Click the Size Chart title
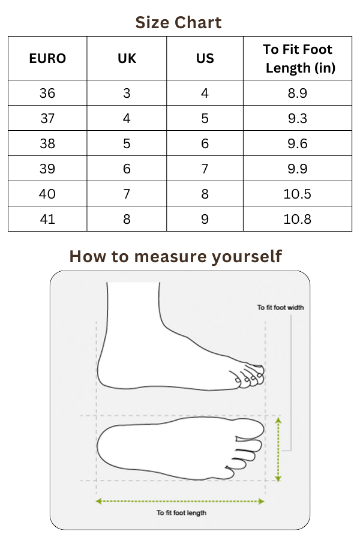178,23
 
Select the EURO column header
47,59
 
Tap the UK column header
127,59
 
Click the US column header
205,59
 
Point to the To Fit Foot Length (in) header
298,59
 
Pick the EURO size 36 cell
47,93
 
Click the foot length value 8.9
298,93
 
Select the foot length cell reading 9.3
298,118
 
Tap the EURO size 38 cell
47,143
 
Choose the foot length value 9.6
298,143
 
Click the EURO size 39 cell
47,169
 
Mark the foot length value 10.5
298,194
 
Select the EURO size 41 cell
47,219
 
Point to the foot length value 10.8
298,219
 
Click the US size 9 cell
205,219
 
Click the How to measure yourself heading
176,257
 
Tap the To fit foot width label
280,308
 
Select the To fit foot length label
182,513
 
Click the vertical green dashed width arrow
278,449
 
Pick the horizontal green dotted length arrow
180,502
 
